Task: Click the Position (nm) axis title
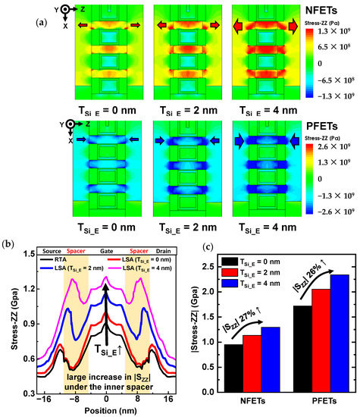pyautogui.click(x=106, y=410)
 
